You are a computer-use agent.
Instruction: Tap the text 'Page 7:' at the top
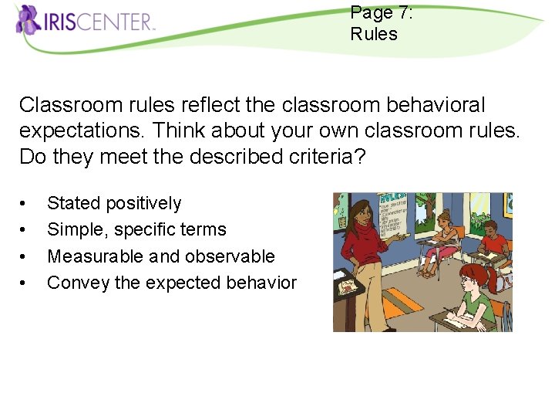coord(381,12)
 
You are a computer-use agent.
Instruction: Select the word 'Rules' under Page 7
coord(374,34)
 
